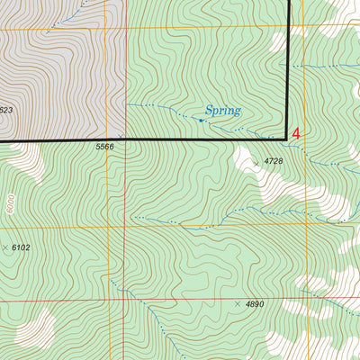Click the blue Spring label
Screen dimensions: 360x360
pos(223,111)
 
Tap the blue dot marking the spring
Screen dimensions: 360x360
pos(200,118)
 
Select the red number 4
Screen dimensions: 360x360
pos(296,132)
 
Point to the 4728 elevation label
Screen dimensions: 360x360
pos(274,161)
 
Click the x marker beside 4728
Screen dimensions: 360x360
pos(256,163)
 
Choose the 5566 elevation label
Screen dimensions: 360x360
pos(105,146)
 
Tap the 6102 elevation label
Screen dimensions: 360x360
pos(21,247)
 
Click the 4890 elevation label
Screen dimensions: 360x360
pos(256,305)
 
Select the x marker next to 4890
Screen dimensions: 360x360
pos(238,304)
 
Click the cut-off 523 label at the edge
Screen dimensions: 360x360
pos(5,111)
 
